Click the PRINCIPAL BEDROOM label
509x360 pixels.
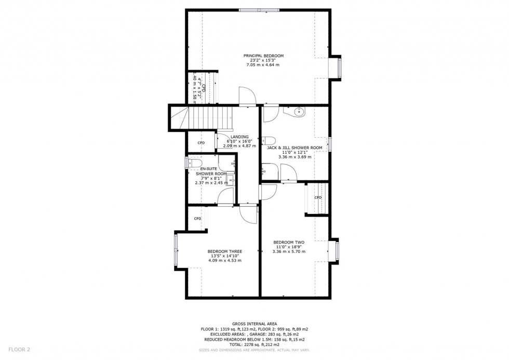click(264, 56)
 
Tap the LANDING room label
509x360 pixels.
click(239, 137)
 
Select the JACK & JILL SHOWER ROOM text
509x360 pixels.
click(294, 148)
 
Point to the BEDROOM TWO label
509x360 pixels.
click(289, 242)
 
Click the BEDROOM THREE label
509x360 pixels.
click(224, 251)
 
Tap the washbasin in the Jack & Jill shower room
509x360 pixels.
click(298, 112)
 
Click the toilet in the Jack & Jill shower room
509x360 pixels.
click(267, 140)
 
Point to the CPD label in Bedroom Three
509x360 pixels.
click(197, 219)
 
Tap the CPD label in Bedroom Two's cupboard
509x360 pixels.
click(318, 197)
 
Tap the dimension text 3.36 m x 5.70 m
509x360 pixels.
click(289, 251)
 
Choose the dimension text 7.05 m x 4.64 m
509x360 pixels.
click(264, 65)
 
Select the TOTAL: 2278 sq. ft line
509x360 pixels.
click(254, 343)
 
